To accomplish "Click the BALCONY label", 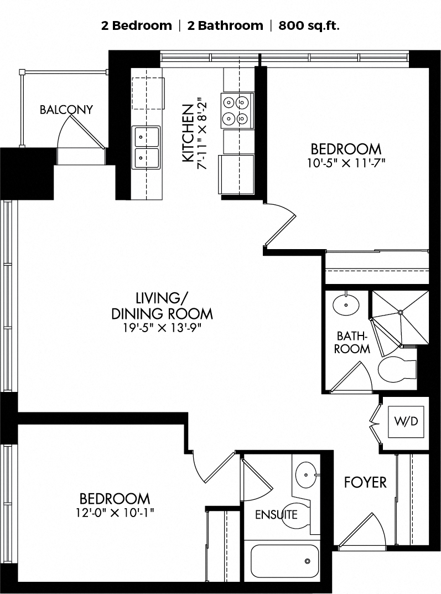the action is click(x=66, y=110).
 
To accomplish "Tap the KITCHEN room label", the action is click(x=188, y=133).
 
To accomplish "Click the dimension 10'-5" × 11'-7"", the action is click(x=346, y=163).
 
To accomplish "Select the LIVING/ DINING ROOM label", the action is click(x=162, y=306).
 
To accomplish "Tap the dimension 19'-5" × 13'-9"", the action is click(x=162, y=328).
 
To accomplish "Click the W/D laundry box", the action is click(x=406, y=421).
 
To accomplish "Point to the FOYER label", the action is click(x=365, y=482).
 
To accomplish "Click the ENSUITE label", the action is click(x=276, y=514).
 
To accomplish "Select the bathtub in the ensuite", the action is click(x=284, y=561).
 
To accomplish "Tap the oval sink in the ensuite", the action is click(x=306, y=474).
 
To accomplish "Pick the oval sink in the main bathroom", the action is click(x=346, y=304).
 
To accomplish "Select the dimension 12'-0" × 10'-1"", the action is click(x=115, y=513).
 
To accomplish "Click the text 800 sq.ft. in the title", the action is click(x=309, y=26).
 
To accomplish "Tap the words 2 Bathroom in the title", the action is click(x=225, y=26).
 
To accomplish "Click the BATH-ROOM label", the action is click(x=352, y=342).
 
